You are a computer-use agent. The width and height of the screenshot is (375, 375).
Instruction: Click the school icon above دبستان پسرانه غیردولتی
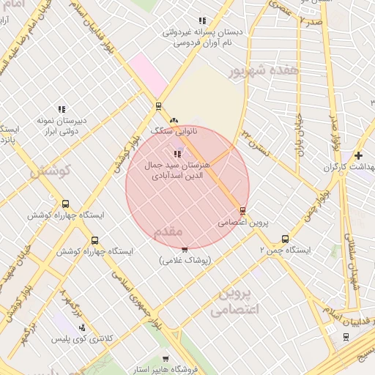click(x=202, y=21)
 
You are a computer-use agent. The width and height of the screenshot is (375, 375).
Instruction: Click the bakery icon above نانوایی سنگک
click(x=174, y=121)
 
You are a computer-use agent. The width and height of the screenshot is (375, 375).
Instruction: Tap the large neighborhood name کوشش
click(x=49, y=171)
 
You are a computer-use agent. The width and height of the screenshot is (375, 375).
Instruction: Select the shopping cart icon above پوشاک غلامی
click(x=184, y=250)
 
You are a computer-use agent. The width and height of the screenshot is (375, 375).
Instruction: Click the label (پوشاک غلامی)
click(x=185, y=261)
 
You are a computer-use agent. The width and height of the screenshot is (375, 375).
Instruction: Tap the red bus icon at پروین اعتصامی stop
click(x=242, y=211)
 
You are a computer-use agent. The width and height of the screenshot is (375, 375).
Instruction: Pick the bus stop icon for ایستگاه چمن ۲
click(x=285, y=239)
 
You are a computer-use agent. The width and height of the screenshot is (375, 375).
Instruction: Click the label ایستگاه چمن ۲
click(x=285, y=250)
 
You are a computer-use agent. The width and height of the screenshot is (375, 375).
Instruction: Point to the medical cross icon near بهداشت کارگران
click(x=357, y=155)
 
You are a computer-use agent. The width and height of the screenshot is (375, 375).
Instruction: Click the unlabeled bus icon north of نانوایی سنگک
click(x=158, y=106)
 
